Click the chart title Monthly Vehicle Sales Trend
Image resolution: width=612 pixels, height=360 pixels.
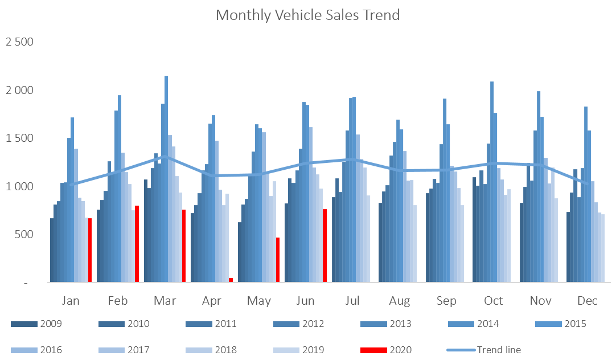pyautogui.click(x=307, y=15)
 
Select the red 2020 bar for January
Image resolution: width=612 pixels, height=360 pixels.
pyautogui.click(x=90, y=250)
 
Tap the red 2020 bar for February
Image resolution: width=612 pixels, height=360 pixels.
pyautogui.click(x=137, y=244)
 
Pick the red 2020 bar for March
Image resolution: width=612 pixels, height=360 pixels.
pyautogui.click(x=184, y=246)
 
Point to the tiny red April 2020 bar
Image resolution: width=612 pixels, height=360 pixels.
pyautogui.click(x=231, y=280)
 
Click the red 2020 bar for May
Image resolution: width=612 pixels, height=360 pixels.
pyautogui.click(x=278, y=260)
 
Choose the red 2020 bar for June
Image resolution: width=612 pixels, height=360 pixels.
pyautogui.click(x=325, y=246)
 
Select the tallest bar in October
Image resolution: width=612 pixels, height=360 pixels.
pyautogui.click(x=492, y=182)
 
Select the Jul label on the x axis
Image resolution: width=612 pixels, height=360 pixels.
pyautogui.click(x=353, y=301)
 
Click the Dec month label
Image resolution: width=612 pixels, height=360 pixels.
pyautogui.click(x=588, y=301)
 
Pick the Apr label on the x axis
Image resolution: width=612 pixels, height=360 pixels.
pyautogui.click(x=212, y=301)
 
